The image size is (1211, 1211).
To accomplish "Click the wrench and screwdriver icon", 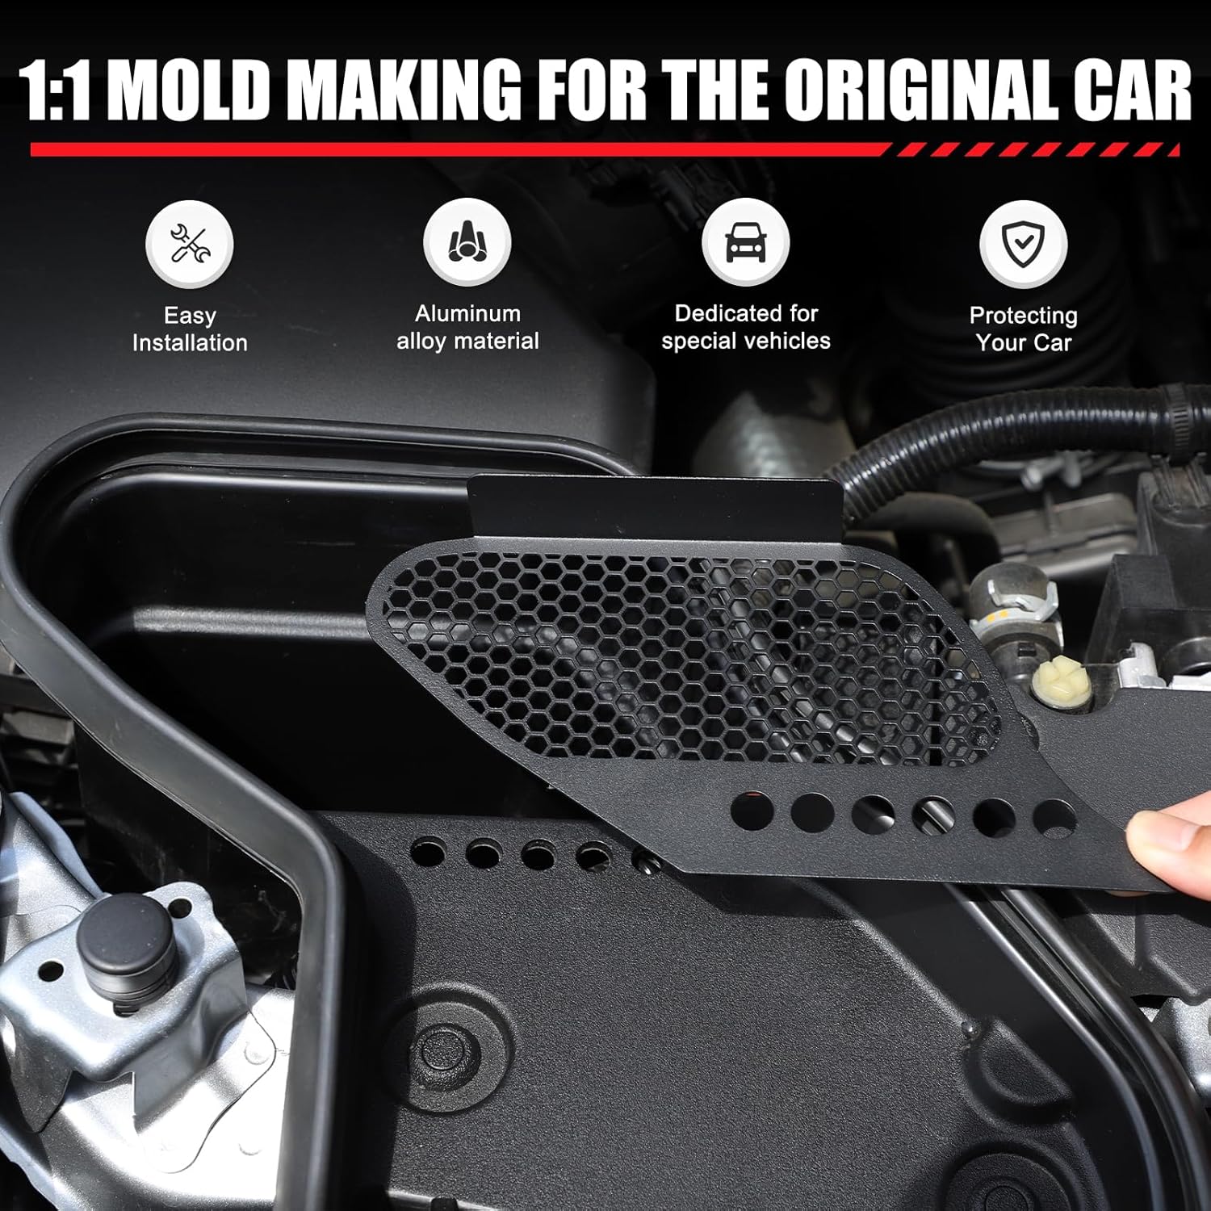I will click(x=190, y=244).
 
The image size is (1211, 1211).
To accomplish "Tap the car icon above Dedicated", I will click(x=745, y=242).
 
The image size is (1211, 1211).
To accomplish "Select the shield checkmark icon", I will click(x=1023, y=244).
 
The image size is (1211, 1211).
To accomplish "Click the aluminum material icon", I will click(x=467, y=242).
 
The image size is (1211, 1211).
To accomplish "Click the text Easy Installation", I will click(x=190, y=329).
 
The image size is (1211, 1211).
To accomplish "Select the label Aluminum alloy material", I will click(x=467, y=328).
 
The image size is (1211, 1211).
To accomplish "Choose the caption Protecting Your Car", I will click(x=1023, y=329).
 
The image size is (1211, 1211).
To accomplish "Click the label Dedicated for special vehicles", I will click(x=745, y=328).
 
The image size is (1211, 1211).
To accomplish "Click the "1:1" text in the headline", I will click(x=54, y=90).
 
